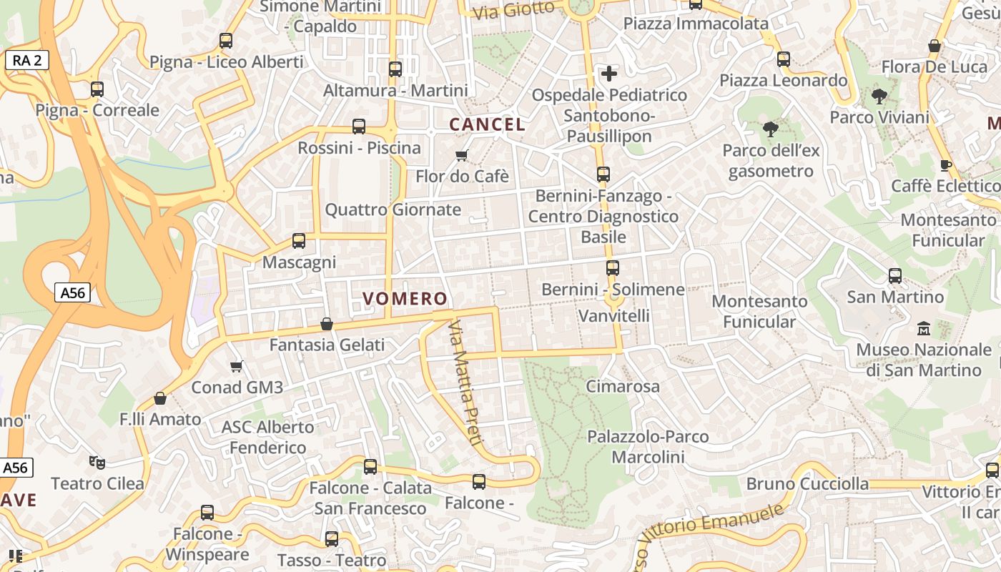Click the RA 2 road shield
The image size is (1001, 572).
(27, 61)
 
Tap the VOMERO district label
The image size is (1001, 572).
(405, 299)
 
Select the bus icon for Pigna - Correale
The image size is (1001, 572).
(97, 89)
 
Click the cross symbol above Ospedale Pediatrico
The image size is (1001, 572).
(609, 73)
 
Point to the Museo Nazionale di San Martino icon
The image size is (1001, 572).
(924, 329)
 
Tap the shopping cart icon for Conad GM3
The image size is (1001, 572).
(237, 367)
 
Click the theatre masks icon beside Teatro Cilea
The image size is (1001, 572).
(97, 463)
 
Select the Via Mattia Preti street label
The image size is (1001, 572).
(464, 383)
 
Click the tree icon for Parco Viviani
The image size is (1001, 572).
(879, 97)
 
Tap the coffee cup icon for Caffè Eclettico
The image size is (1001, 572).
(946, 166)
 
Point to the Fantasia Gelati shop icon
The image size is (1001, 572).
(327, 324)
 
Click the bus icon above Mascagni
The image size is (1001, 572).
(299, 241)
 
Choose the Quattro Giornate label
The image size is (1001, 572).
(393, 210)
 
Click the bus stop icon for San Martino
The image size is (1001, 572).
(895, 276)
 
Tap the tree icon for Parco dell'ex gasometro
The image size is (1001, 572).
(771, 129)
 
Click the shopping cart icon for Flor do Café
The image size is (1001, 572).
(462, 155)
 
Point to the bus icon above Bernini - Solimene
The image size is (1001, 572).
(613, 268)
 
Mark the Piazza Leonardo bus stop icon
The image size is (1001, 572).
(784, 59)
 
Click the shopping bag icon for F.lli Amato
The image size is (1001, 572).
(160, 398)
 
